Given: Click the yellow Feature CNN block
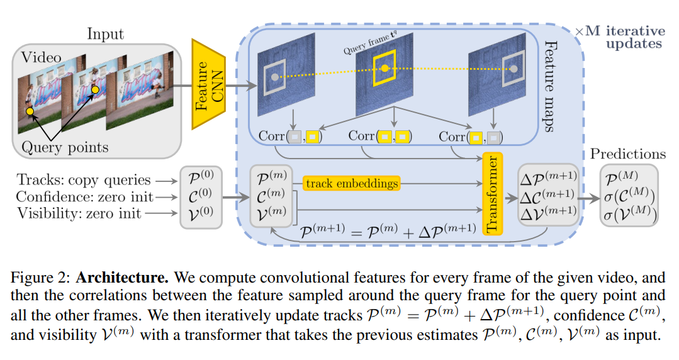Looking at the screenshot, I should (x=208, y=85).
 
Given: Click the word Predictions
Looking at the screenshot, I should (x=627, y=154).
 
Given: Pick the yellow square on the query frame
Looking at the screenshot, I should (x=385, y=68).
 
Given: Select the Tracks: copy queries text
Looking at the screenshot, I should (x=84, y=180).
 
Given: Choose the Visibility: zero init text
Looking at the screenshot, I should (x=79, y=213).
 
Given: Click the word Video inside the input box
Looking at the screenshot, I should (x=42, y=57).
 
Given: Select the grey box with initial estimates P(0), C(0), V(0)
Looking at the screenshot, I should (x=201, y=196).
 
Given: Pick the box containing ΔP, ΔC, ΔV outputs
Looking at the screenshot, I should (x=547, y=194).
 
